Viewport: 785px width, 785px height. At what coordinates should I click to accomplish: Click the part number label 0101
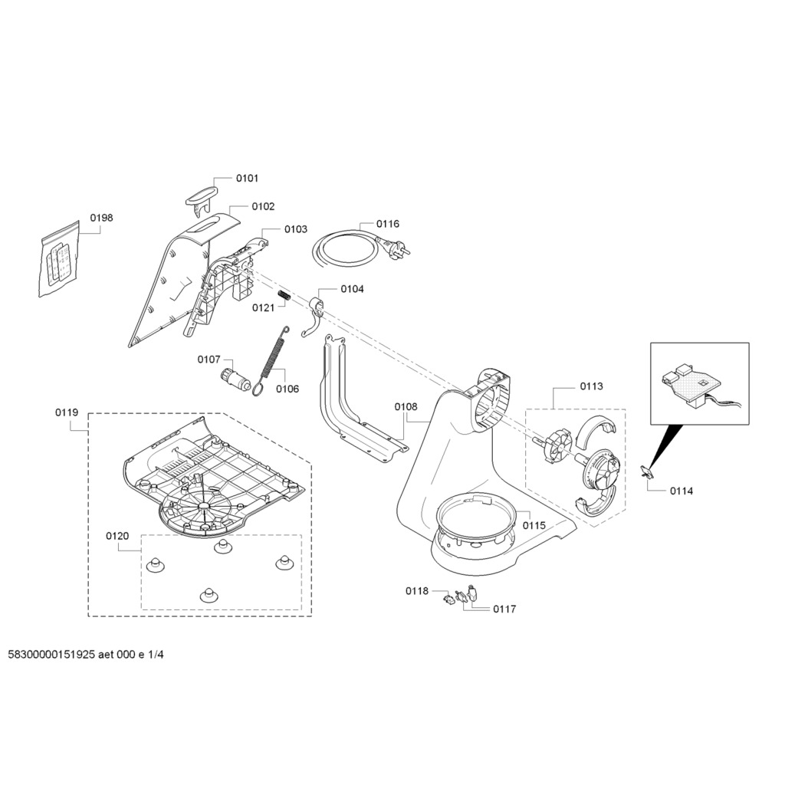(247, 178)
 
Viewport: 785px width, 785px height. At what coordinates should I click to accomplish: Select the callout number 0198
(101, 218)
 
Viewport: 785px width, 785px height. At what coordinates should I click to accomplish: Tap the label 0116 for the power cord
(387, 224)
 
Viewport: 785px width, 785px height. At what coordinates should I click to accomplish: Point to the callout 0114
(681, 491)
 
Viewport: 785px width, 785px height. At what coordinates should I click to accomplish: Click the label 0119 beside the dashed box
(67, 412)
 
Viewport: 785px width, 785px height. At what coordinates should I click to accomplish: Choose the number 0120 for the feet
(117, 536)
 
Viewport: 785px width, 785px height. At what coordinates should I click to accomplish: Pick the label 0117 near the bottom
(504, 609)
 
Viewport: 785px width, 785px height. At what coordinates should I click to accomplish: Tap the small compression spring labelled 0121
(284, 296)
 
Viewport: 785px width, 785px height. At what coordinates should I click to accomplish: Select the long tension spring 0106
(271, 360)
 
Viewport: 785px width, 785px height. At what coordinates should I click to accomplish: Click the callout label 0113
(590, 386)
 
